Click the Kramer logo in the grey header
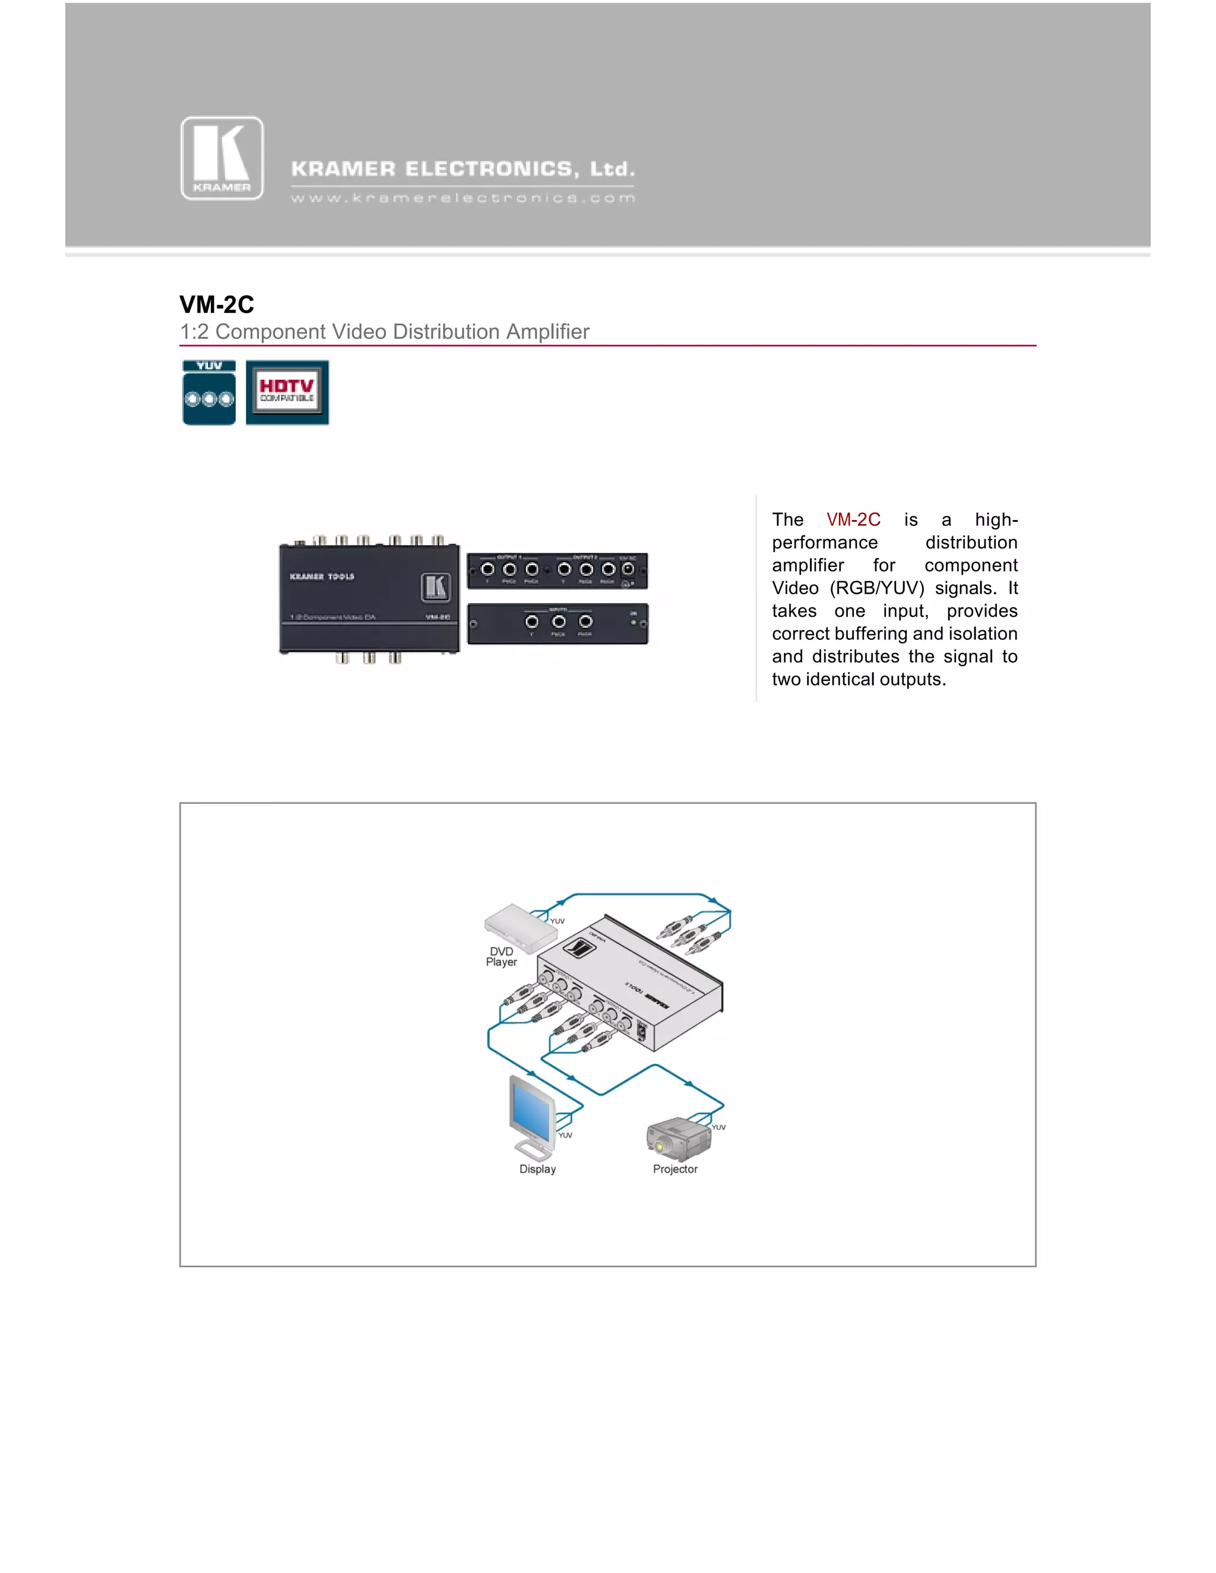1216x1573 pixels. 222,158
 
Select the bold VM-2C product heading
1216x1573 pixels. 217,305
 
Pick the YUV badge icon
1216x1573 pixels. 209,393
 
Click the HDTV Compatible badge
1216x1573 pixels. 287,392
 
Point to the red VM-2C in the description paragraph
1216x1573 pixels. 853,520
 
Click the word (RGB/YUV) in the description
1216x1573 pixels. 877,588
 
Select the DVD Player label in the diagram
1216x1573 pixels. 501,956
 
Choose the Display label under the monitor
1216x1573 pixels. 537,1169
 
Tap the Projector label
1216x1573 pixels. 675,1169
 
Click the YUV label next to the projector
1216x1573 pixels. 718,1127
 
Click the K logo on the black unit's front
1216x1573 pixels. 436,587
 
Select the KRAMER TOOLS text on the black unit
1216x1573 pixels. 322,577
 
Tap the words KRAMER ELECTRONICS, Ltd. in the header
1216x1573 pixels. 463,169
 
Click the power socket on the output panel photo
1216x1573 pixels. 628,569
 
